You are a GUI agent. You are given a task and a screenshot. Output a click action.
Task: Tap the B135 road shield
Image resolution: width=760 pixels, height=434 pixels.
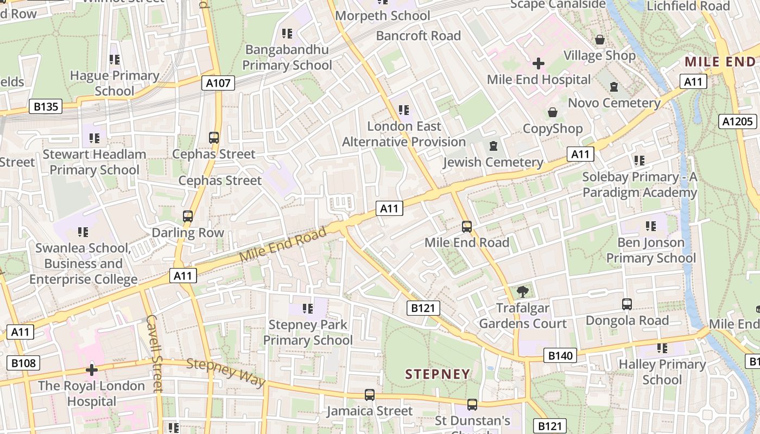coord(46,106)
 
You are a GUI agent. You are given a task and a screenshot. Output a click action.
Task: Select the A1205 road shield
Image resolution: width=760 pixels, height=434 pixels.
coord(738,122)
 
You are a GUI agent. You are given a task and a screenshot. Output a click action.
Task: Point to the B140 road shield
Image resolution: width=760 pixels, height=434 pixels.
coord(560,356)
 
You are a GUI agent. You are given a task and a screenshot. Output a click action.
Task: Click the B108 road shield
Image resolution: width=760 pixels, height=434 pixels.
coord(23,362)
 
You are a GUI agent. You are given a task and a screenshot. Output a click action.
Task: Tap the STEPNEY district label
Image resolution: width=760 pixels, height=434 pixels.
coord(438,374)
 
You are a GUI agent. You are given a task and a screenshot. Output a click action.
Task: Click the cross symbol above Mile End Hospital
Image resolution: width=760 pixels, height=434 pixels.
coord(538,63)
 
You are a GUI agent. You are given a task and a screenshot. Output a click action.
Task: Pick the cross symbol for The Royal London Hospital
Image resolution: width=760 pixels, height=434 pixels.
coord(92,371)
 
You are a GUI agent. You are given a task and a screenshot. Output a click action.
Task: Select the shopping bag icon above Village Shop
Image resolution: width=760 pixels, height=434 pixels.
coord(600,40)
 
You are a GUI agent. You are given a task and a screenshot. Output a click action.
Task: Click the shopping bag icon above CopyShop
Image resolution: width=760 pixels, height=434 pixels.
coord(553,112)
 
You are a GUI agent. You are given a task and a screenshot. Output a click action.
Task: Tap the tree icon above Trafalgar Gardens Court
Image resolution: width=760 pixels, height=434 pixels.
coord(523,292)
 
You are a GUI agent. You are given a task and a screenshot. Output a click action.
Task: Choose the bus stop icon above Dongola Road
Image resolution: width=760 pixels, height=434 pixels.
coord(627,304)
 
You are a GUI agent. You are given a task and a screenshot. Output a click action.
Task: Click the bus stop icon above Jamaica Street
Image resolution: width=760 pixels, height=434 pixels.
coord(370,395)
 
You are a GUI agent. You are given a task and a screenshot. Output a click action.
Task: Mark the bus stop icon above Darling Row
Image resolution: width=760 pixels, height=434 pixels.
coord(188,216)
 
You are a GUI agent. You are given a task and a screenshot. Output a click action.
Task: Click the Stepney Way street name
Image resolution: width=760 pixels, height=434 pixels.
coord(226,372)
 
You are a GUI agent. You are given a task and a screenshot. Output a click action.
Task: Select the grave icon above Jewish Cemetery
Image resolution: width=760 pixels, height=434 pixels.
coord(493,146)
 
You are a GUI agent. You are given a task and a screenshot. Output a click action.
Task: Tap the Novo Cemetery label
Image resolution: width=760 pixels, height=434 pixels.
coord(614,103)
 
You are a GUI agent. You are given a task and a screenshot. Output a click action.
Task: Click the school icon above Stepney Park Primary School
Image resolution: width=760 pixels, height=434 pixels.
coord(308,309)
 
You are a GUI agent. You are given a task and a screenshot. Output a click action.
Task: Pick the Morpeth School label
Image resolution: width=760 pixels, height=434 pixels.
coord(383,16)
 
